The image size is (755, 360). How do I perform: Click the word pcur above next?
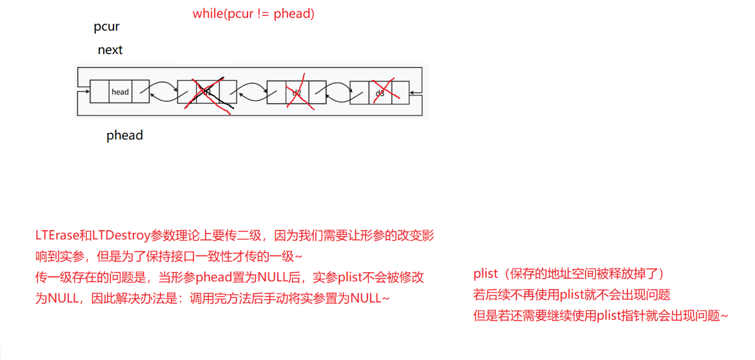click(106, 28)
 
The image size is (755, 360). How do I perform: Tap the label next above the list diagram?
click(110, 50)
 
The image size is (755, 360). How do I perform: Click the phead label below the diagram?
click(124, 135)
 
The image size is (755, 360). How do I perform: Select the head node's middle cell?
click(120, 92)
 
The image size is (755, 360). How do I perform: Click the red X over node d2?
click(297, 93)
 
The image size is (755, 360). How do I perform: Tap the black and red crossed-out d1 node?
click(207, 92)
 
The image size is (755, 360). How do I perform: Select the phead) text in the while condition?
click(294, 14)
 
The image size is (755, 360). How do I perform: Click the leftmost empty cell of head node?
click(99, 92)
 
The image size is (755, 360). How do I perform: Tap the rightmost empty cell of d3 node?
click(400, 92)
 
